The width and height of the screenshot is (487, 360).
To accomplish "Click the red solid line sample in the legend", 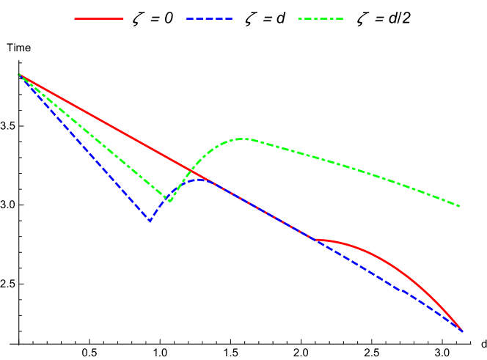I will (x=99, y=18).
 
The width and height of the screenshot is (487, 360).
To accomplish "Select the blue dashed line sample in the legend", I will (x=210, y=18).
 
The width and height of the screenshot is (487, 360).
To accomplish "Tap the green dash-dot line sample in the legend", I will (x=321, y=18).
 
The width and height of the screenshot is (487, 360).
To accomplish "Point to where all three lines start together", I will (x=19, y=74).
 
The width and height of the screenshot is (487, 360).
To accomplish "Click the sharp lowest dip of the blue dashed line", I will (x=150, y=221).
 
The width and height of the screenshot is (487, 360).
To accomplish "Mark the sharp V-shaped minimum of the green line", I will (x=169, y=200).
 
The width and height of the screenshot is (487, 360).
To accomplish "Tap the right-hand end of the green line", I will (x=460, y=206).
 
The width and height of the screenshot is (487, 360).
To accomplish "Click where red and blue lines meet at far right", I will (x=462, y=331).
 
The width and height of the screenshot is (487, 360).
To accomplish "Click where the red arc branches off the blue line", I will (x=313, y=240).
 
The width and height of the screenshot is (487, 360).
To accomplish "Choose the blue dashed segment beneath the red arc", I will (x=389, y=284).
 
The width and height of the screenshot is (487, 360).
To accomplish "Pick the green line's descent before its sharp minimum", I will (x=95, y=137).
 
